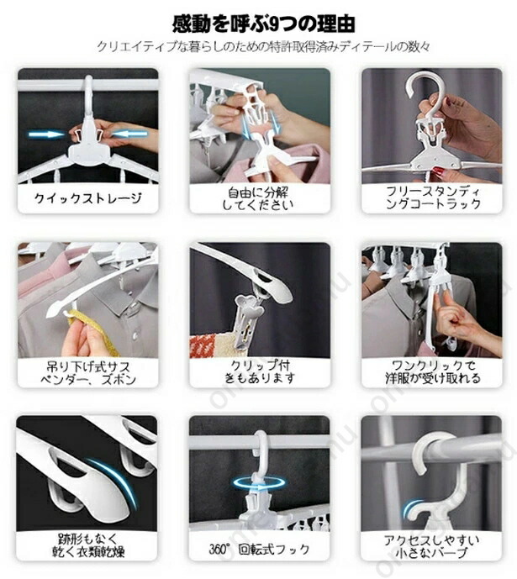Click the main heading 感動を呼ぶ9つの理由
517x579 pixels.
click(264, 24)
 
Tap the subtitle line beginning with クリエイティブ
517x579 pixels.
click(263, 47)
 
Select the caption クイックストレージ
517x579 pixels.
click(88, 198)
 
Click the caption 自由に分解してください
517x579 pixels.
click(259, 198)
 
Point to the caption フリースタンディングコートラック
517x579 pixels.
click(432, 198)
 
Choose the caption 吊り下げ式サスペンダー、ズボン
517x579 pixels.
click(88, 373)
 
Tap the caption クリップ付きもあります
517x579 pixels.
click(260, 371)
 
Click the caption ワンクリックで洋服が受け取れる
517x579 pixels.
click(432, 371)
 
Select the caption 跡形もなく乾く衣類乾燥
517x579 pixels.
click(88, 545)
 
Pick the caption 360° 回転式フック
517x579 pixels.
click(259, 549)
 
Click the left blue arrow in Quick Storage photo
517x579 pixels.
click(46, 134)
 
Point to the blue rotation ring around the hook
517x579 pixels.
click(259, 483)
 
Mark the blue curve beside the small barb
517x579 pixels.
click(410, 508)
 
